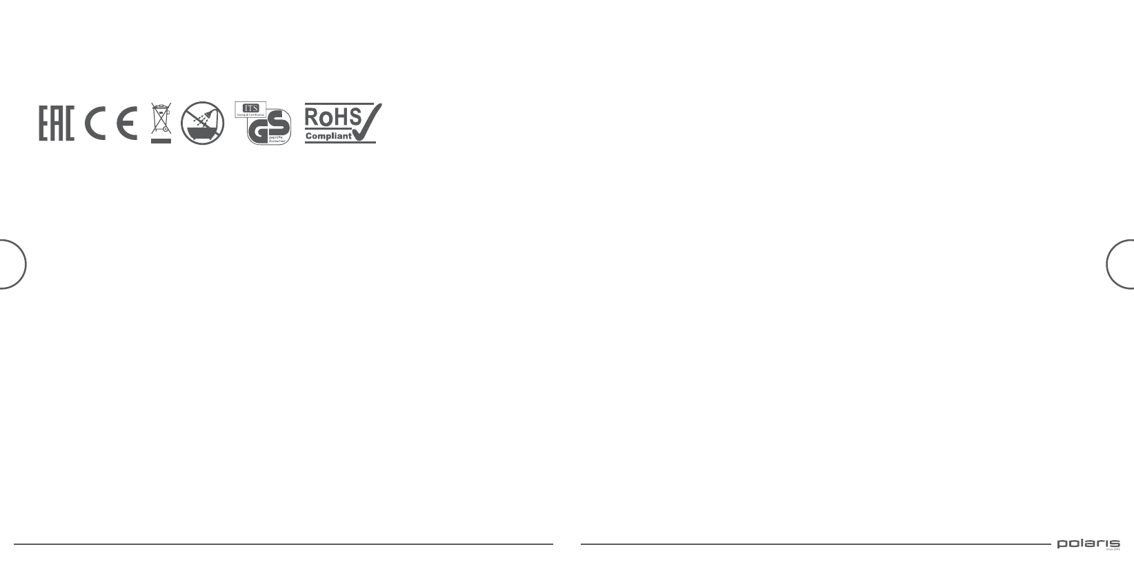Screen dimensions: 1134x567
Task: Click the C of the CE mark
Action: [x=95, y=123]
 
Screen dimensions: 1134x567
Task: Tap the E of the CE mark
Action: [x=127, y=123]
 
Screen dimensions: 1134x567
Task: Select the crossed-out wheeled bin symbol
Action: [x=161, y=118]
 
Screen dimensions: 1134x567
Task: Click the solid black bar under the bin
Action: [x=161, y=140]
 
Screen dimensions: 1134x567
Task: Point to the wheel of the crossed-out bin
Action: [x=166, y=130]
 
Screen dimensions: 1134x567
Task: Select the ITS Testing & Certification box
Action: [x=250, y=109]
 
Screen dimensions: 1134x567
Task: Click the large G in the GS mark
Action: [x=260, y=130]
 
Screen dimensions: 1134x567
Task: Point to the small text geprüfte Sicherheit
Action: [x=276, y=140]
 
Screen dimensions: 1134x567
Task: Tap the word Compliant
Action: [x=328, y=136]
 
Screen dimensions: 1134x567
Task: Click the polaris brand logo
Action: [x=1088, y=544]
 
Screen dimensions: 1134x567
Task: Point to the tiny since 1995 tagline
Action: [x=1112, y=550]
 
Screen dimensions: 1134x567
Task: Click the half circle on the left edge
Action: [x=12, y=263]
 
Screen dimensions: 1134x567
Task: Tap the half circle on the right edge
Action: [x=1121, y=263]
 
